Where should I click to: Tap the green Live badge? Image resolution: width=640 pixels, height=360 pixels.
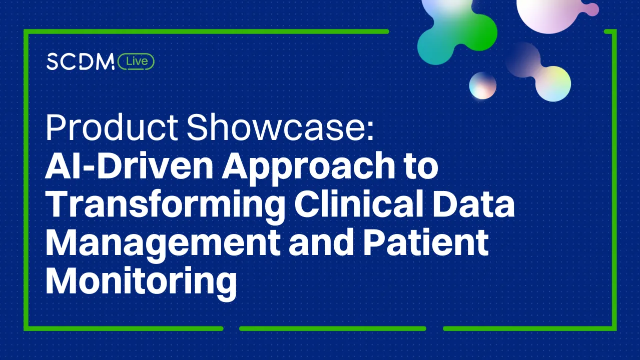click(136, 61)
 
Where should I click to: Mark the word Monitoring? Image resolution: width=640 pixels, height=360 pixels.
click(141, 281)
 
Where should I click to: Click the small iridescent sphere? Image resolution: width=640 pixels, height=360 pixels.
click(482, 85)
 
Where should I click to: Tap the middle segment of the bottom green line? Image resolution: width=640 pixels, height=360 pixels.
click(333, 328)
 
